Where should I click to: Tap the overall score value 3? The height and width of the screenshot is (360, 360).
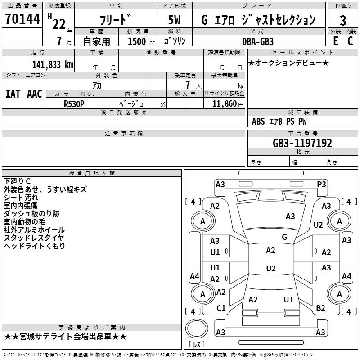click(343, 21)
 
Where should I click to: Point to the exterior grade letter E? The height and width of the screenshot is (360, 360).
click(335, 40)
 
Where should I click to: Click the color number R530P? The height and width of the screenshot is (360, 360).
click(74, 103)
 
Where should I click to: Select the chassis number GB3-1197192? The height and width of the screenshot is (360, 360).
click(302, 143)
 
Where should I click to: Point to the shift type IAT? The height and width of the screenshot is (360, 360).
click(13, 94)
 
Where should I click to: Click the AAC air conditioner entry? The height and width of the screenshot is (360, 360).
click(35, 94)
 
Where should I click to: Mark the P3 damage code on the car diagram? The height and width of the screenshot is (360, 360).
click(321, 184)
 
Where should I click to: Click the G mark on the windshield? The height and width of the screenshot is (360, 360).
click(284, 237)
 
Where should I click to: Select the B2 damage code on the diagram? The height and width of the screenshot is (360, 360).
click(320, 308)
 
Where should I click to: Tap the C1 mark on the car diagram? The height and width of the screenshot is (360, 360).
click(221, 308)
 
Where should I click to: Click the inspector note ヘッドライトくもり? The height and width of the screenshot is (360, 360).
click(35, 246)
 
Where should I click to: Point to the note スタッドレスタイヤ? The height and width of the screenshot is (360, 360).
click(34, 238)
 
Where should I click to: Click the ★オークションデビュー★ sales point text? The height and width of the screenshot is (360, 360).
click(288, 63)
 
